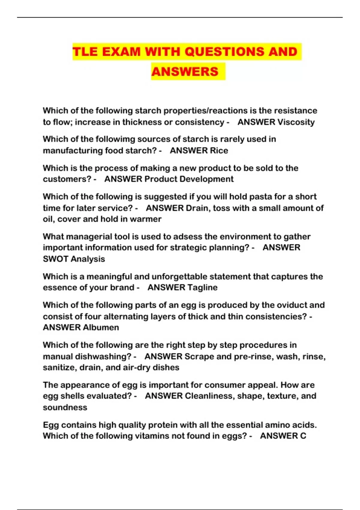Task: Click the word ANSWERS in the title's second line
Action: (x=185, y=72)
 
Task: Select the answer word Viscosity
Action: (x=296, y=122)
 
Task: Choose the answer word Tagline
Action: (x=201, y=287)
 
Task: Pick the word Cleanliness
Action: (x=209, y=396)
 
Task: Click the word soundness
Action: (x=65, y=407)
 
